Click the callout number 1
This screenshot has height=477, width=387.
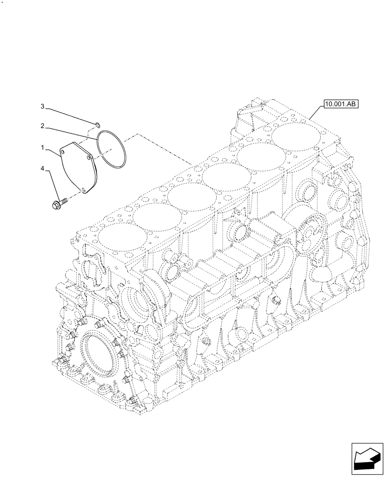pos(42,149)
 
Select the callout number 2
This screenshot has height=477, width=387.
pos(42,126)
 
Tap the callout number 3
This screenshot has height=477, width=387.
pos(42,105)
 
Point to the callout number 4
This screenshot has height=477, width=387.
pos(42,168)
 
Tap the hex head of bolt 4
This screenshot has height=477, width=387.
pos(55,206)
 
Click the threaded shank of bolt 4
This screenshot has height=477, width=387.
pos(64,202)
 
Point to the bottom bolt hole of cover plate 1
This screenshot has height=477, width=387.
pos(85,190)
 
